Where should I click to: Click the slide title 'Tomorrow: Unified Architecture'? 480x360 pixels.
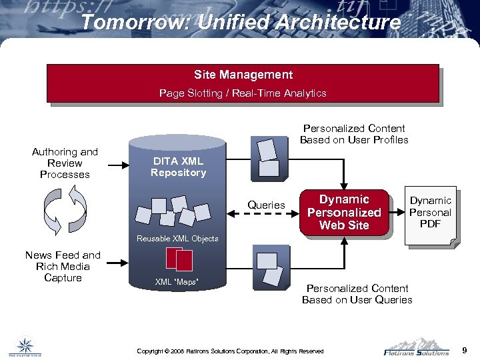pyautogui.click(x=241, y=22)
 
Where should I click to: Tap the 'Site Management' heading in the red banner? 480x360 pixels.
pyautogui.click(x=243, y=75)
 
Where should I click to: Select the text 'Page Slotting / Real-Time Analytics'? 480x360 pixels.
pyautogui.click(x=243, y=93)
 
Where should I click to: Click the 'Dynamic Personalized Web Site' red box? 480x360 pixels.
pyautogui.click(x=344, y=213)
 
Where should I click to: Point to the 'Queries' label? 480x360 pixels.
pyautogui.click(x=266, y=205)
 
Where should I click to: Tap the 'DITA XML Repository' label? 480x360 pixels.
pyautogui.click(x=178, y=167)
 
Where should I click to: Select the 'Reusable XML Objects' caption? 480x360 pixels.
pyautogui.click(x=177, y=239)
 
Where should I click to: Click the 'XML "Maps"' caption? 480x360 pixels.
pyautogui.click(x=177, y=282)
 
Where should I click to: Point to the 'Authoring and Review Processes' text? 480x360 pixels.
pyautogui.click(x=65, y=163)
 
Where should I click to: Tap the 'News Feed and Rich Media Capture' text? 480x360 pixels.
pyautogui.click(x=63, y=267)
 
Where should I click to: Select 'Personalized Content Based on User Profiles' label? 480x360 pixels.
pyautogui.click(x=354, y=134)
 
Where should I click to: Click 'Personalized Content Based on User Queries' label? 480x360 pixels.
pyautogui.click(x=357, y=294)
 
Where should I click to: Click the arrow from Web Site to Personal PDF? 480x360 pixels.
pyautogui.click(x=397, y=213)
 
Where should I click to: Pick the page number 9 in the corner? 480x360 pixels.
pyautogui.click(x=465, y=350)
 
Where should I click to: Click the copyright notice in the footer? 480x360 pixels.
pyautogui.click(x=230, y=351)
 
